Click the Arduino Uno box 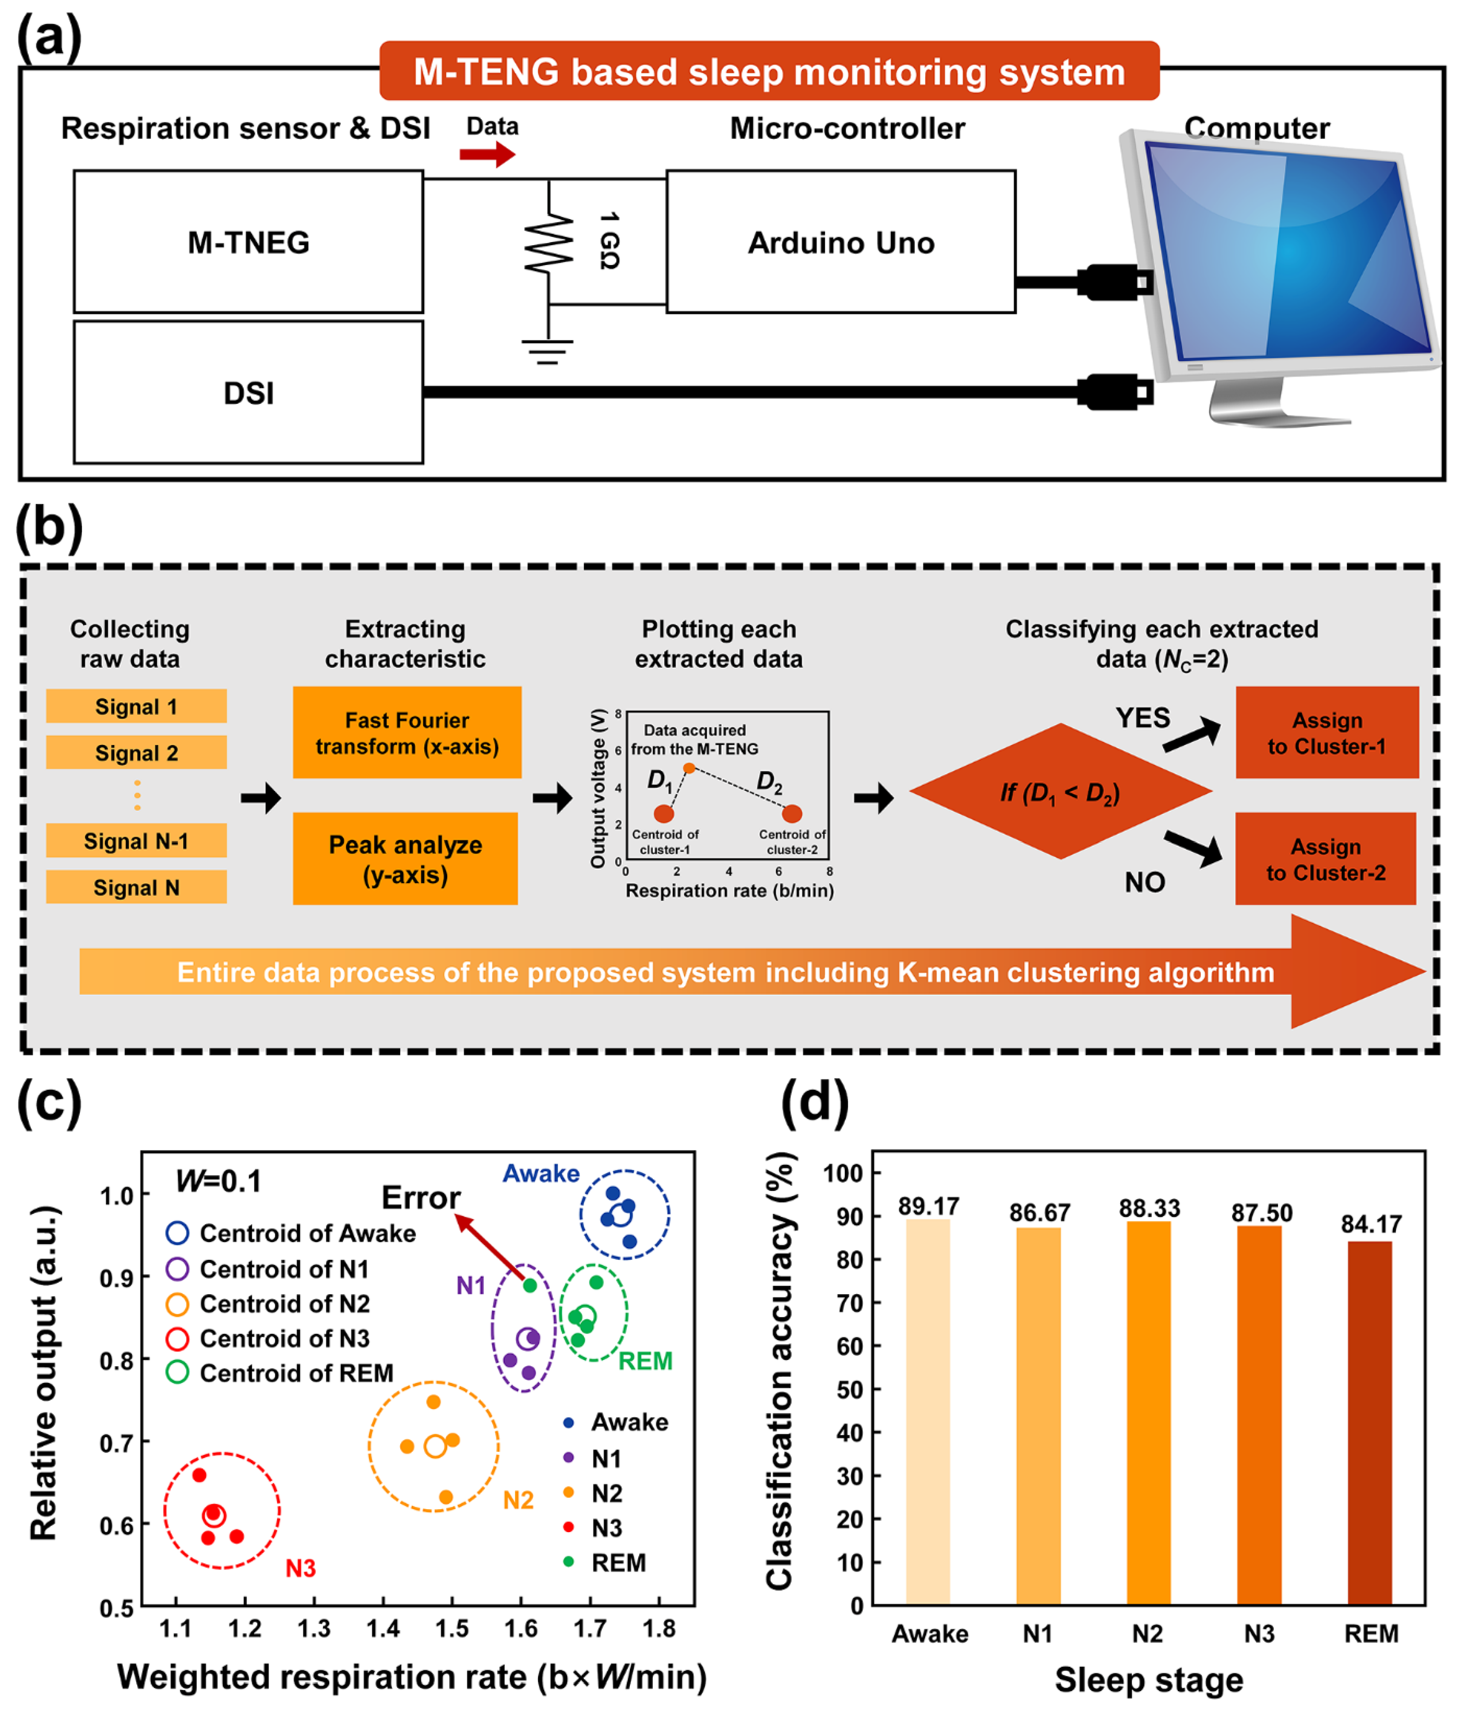[840, 242]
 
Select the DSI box [248, 393]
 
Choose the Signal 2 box [137, 752]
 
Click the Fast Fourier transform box [407, 732]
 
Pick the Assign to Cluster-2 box [1325, 859]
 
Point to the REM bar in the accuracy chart [1370, 1422]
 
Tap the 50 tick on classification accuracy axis [849, 1390]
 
